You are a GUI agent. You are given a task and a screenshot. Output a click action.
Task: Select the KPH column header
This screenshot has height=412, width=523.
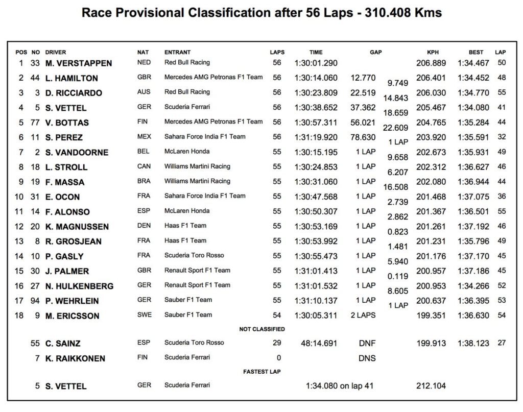(433, 52)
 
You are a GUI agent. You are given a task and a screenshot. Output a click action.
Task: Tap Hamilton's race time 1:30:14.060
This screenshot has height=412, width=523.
(316, 78)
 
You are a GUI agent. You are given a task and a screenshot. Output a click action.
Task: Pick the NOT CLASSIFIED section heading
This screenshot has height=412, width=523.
(262, 329)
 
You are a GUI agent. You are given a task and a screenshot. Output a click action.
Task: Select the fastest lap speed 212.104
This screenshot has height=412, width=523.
(431, 386)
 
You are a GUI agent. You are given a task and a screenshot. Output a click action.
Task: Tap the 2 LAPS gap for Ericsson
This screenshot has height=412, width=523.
(363, 316)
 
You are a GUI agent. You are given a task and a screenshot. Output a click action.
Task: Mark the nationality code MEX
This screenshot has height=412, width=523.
(144, 137)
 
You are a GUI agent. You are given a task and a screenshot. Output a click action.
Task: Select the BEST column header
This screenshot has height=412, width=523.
(476, 52)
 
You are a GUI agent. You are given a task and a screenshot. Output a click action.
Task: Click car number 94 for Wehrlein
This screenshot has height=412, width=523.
(35, 301)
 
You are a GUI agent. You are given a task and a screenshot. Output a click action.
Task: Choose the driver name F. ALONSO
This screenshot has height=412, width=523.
(66, 212)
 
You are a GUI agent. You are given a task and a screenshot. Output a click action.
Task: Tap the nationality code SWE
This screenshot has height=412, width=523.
(144, 315)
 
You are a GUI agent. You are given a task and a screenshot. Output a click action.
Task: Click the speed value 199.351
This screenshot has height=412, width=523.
(431, 316)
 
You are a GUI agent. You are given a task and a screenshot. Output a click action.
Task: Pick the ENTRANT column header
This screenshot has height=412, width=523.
(177, 52)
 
